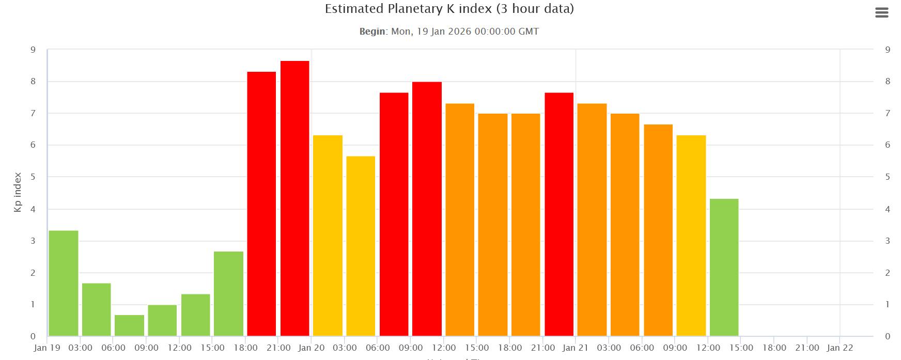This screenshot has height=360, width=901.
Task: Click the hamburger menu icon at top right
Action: (x=881, y=13)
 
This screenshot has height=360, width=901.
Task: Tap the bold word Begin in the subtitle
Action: (x=372, y=32)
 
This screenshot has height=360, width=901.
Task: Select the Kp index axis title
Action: (x=18, y=192)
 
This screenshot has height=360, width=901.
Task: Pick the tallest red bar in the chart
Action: (x=294, y=198)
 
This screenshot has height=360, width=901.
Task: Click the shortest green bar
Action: (x=129, y=325)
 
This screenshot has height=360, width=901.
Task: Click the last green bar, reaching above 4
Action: (x=724, y=267)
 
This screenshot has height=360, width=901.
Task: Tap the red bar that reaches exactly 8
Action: (x=427, y=209)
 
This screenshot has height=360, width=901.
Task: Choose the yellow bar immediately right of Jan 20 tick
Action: (x=328, y=236)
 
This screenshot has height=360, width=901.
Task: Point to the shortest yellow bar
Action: (x=361, y=246)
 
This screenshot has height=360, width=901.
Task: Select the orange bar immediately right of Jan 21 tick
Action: (x=592, y=220)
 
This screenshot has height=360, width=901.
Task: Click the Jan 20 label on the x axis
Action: (x=312, y=348)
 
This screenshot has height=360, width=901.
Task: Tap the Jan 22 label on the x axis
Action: (x=840, y=348)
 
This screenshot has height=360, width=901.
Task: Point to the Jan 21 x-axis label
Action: (x=576, y=348)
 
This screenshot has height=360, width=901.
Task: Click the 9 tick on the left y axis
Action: (x=33, y=50)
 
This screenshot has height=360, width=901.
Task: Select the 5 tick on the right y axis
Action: (x=888, y=177)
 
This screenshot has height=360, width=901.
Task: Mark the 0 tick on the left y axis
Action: (x=33, y=337)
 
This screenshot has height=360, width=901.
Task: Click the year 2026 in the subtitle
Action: (x=459, y=32)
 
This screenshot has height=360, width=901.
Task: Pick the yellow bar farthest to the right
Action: (x=691, y=236)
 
